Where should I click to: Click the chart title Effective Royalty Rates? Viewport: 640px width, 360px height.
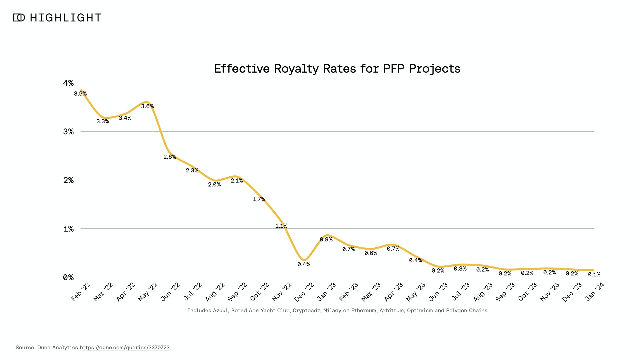pos(337,69)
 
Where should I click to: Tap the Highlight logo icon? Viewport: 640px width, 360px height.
pos(19,18)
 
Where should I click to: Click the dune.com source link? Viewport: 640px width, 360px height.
pos(124,348)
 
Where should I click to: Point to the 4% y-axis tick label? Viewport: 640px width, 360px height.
pos(68,83)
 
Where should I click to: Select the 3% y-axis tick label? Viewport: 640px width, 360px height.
pos(68,132)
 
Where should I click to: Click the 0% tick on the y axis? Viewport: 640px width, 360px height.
pos(68,277)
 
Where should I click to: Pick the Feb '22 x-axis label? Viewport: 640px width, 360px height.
pos(81,292)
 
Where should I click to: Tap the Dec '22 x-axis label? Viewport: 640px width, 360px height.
pos(304,292)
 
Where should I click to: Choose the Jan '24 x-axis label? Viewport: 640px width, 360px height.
pos(594,292)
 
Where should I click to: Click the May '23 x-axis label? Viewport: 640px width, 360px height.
pos(416,292)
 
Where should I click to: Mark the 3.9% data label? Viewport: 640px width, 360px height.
pos(80,94)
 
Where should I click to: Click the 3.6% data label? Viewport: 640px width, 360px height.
pos(147,106)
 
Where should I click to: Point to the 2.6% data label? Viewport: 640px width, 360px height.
pos(170,157)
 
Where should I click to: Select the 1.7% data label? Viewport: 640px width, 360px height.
pos(259,199)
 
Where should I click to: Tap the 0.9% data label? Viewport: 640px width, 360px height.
pos(326,239)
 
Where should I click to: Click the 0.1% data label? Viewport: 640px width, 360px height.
pos(594,274)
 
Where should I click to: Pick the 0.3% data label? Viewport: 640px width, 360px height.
pos(460,269)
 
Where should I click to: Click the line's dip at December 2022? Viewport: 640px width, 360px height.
pos(304,260)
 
